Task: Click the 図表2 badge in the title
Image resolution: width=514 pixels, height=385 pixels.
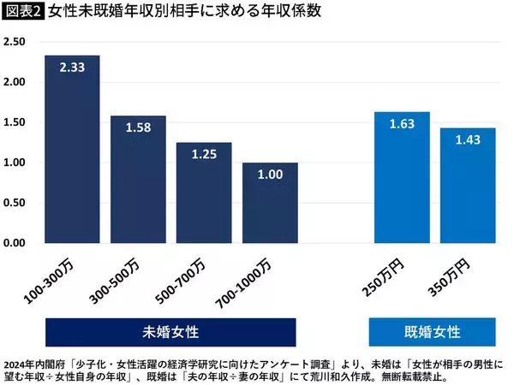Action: (23, 12)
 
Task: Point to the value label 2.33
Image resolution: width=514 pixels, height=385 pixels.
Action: (72, 67)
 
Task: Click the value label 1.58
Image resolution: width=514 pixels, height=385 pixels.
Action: (138, 127)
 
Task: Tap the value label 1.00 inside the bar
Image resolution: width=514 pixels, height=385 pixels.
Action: (269, 175)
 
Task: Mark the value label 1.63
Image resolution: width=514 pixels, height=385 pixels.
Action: (402, 123)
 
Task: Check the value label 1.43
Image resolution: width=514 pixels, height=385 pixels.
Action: (468, 139)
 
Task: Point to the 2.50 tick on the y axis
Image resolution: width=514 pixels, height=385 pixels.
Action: (18, 42)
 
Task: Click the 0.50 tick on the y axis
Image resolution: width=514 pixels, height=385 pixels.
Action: (18, 203)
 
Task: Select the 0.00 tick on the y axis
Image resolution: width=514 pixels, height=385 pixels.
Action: (18, 243)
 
